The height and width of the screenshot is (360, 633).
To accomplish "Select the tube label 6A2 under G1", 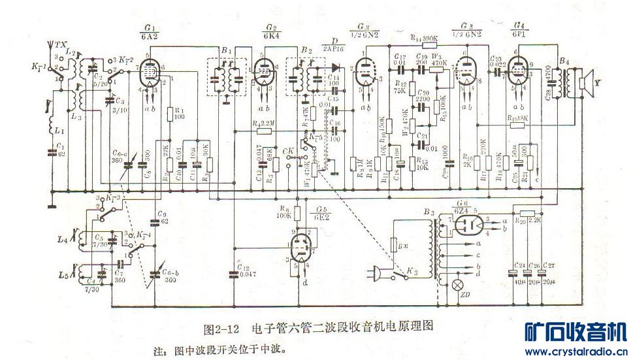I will pyautogui.click(x=150, y=37).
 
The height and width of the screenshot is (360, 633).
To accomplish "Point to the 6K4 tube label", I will pyautogui.click(x=270, y=37).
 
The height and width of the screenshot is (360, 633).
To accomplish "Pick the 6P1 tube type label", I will pyautogui.click(x=521, y=35).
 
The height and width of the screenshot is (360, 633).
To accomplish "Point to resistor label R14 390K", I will pyautogui.click(x=424, y=38).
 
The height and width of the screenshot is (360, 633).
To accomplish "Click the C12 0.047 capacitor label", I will pyautogui.click(x=245, y=272).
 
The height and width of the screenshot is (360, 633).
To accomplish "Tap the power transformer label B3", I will pyautogui.click(x=429, y=214).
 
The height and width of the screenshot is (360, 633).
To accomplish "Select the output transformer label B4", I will pyautogui.click(x=564, y=62).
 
